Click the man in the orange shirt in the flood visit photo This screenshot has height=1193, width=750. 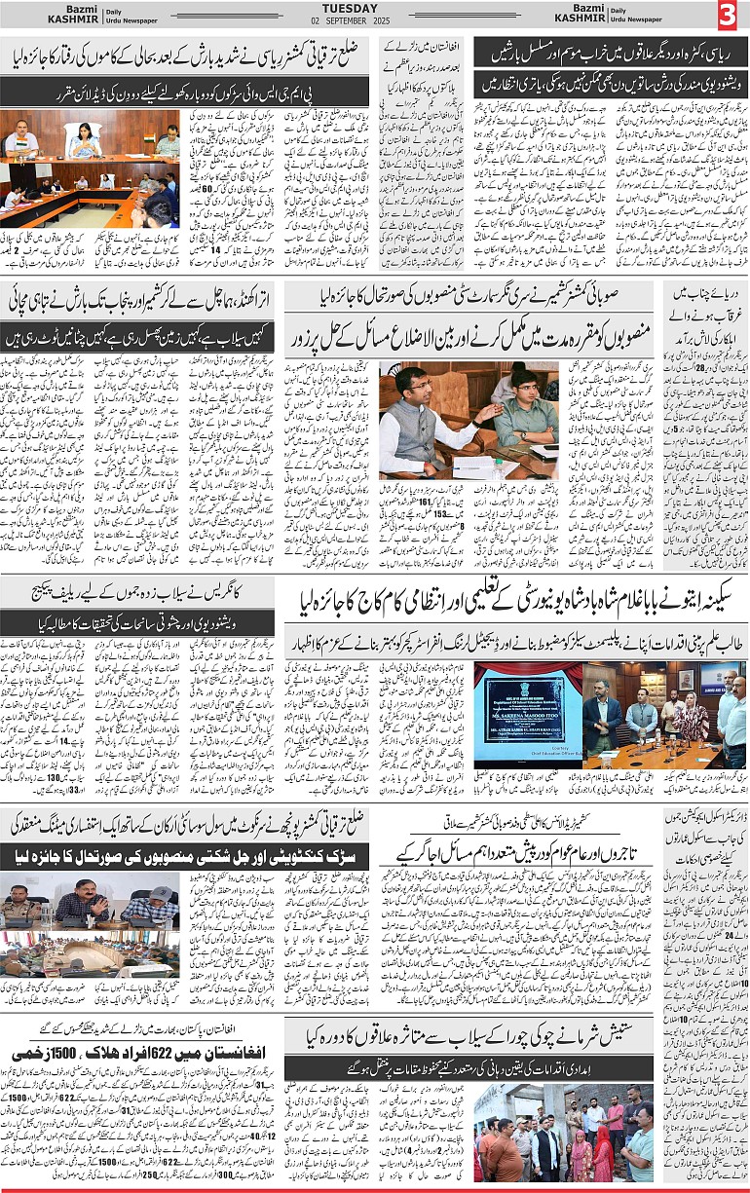click(x=505, y=1149)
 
